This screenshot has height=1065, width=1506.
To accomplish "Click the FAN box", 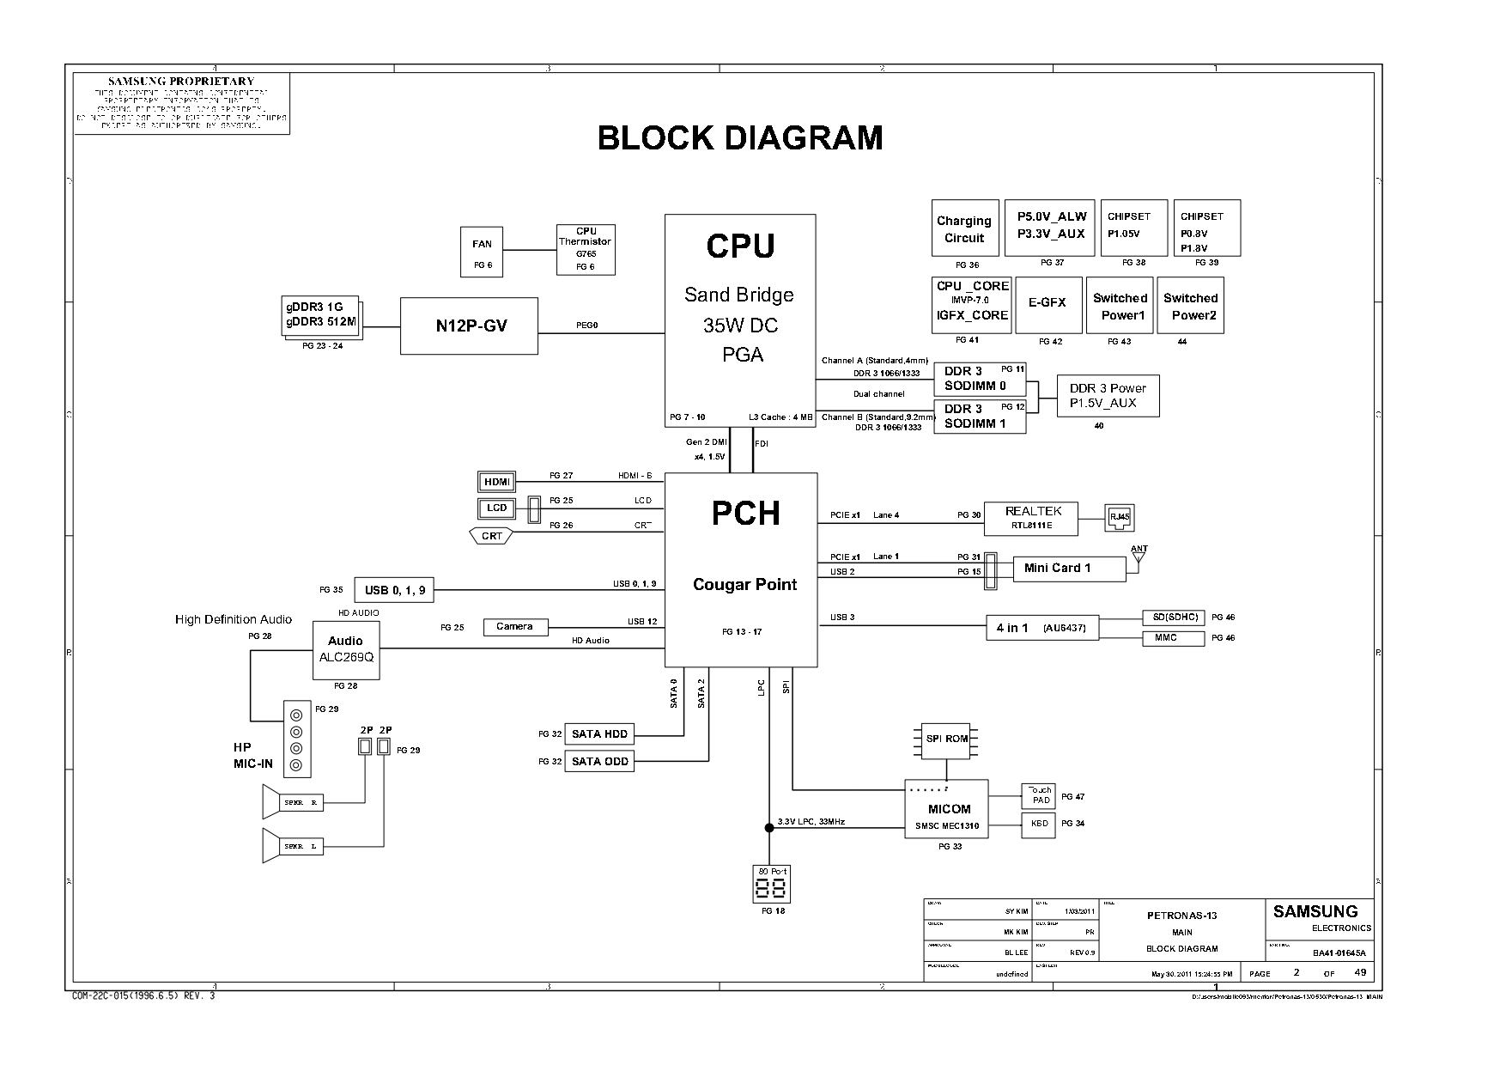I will click(482, 251).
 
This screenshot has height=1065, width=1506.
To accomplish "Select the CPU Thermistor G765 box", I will click(586, 249).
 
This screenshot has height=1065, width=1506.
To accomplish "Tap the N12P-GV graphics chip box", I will click(469, 326).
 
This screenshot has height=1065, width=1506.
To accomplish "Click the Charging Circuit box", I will click(965, 228).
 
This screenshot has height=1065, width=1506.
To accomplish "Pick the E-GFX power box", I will click(1047, 304).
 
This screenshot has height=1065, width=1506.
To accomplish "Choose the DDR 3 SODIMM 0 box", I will click(979, 379).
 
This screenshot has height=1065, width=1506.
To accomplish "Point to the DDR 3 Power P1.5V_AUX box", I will click(1108, 396).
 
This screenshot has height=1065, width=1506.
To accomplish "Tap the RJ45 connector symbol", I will click(1119, 517).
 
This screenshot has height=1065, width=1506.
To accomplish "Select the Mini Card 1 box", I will click(1062, 568).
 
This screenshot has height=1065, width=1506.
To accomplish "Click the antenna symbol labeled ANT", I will click(1139, 559).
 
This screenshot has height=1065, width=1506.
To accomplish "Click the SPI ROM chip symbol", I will click(946, 739).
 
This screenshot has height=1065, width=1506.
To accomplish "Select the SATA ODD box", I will click(599, 762).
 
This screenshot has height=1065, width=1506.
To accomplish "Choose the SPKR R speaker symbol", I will click(292, 803).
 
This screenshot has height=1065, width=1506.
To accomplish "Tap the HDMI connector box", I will click(496, 482).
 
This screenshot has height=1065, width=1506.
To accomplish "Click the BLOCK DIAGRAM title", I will click(740, 138).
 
